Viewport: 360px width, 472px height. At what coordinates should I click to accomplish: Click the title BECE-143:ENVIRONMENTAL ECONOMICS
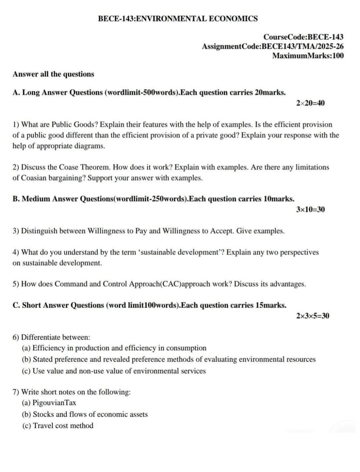(x=178, y=19)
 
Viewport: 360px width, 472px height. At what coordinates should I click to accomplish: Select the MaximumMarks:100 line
(x=308, y=56)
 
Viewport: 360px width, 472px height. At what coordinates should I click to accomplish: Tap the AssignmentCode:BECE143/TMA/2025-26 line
(x=273, y=46)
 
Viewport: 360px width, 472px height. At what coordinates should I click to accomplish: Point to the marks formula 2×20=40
(x=310, y=103)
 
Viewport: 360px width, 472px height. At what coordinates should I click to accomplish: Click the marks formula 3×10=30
(x=310, y=209)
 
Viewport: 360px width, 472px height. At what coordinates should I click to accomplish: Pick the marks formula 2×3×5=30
(x=312, y=315)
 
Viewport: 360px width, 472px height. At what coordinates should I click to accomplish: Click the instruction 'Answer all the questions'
(x=53, y=74)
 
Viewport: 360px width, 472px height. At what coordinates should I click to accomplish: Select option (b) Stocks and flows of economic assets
(x=85, y=414)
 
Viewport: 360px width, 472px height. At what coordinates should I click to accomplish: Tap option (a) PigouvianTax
(x=49, y=403)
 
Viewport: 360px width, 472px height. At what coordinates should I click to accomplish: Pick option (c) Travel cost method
(x=58, y=425)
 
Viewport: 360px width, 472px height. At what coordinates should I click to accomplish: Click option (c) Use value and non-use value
(x=114, y=371)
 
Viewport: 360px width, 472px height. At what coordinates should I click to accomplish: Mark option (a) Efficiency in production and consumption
(x=114, y=348)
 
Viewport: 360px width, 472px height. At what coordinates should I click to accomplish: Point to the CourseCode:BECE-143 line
(x=303, y=37)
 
